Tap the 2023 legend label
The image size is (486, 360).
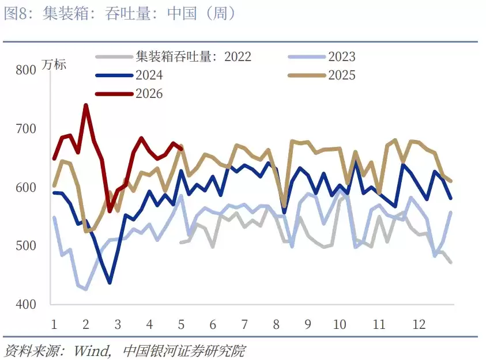(x=341, y=56)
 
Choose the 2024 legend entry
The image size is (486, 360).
(x=149, y=75)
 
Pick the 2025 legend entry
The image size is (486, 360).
(x=341, y=75)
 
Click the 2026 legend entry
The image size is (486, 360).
(x=149, y=93)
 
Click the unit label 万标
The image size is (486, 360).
(x=54, y=65)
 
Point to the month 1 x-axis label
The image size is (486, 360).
(x=54, y=324)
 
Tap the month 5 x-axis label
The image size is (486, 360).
(x=182, y=324)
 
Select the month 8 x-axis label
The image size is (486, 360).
(x=276, y=324)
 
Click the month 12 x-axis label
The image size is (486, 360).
(x=419, y=324)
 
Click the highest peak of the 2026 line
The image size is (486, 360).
(x=86, y=105)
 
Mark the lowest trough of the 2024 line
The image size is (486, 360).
(x=110, y=283)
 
